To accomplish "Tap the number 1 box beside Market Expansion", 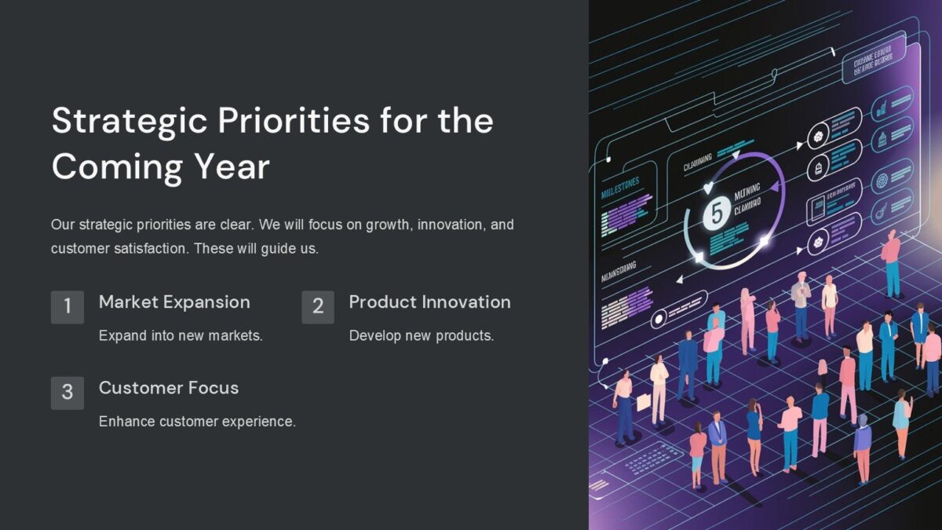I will [x=68, y=306].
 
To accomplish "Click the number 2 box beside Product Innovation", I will [x=318, y=306].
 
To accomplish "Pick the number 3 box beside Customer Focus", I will [x=68, y=392].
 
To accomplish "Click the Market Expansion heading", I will [x=174, y=302].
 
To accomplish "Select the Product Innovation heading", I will [x=429, y=302].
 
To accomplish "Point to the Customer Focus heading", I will [x=168, y=388].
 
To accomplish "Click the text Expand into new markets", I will [x=181, y=336].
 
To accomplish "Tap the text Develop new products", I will [x=421, y=336].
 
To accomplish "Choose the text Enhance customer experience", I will [x=197, y=422].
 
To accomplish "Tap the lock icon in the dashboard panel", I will [x=819, y=168].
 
